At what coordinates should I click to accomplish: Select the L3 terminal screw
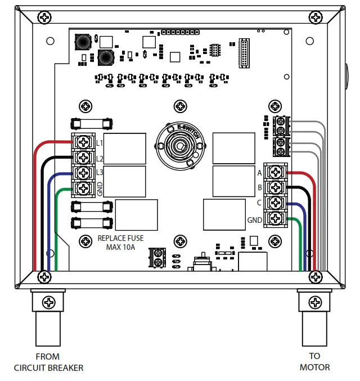point(84,172)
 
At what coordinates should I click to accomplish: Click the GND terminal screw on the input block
point(84,187)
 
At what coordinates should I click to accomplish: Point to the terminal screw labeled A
point(275,172)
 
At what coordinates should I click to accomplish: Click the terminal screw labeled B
point(275,187)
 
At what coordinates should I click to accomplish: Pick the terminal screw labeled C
point(275,202)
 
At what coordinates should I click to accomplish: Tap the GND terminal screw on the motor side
point(275,218)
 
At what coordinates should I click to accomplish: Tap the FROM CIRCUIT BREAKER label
point(48,362)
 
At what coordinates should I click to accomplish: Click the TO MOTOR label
point(314,362)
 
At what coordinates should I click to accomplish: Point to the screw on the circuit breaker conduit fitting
point(49,302)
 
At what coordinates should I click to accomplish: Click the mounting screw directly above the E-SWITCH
point(179,106)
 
